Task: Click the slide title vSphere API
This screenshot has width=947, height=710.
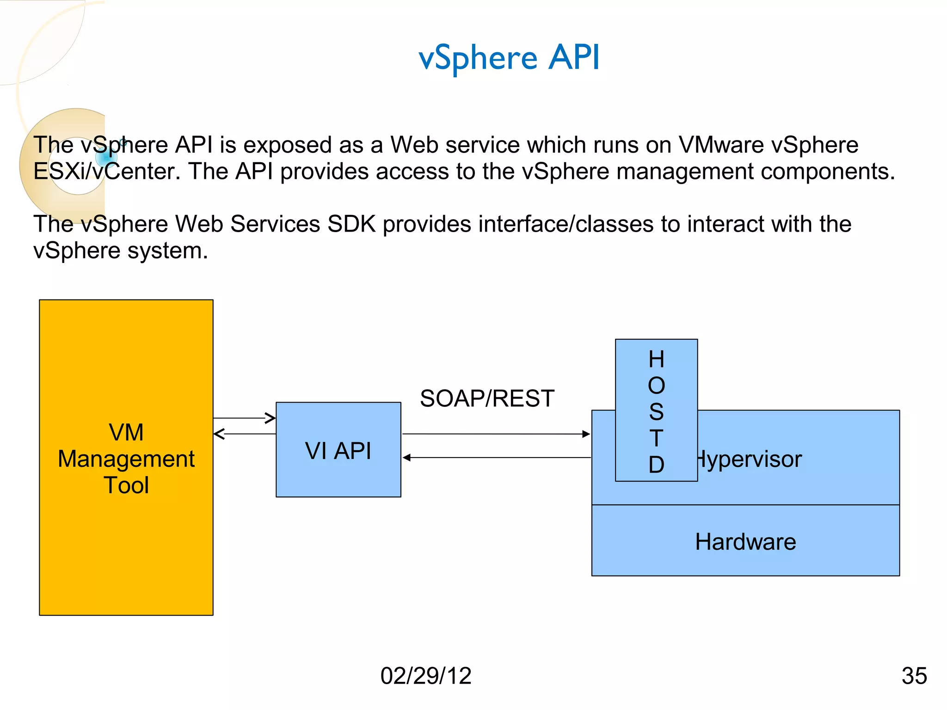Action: pyautogui.click(x=509, y=58)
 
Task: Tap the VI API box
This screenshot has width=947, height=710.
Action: pyautogui.click(x=338, y=450)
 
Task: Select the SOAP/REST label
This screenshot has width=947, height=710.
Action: pyautogui.click(x=487, y=398)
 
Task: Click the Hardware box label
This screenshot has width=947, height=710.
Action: pyautogui.click(x=745, y=542)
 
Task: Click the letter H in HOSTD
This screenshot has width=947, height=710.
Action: pyautogui.click(x=656, y=360)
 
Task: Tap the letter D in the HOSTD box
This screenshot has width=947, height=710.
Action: pyautogui.click(x=656, y=465)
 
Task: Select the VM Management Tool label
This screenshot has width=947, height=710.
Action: pyautogui.click(x=126, y=459)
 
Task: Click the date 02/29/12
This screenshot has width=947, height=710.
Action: pyautogui.click(x=425, y=676)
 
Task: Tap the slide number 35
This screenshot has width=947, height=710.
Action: pyautogui.click(x=914, y=676)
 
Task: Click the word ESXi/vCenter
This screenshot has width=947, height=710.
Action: pyautogui.click(x=107, y=171)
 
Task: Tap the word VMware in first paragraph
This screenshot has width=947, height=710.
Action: pyautogui.click(x=721, y=145)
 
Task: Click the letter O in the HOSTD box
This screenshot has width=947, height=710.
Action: pyautogui.click(x=656, y=386)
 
